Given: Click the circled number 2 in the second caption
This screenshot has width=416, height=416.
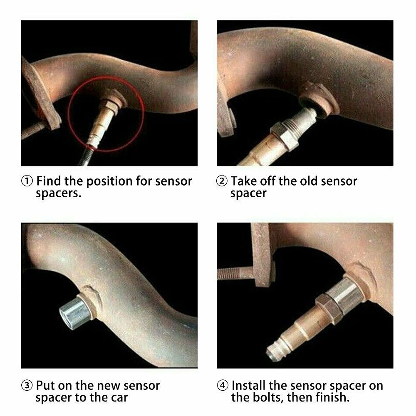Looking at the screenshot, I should pos(222,181).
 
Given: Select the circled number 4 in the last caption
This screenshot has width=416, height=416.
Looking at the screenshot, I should pos(222,385).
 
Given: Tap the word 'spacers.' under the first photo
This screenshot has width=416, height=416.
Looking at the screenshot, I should pos(58,194).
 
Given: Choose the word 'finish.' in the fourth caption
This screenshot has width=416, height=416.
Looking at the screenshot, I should pos(331,397).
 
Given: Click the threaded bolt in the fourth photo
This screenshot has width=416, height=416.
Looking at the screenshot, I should pos(235,273).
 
